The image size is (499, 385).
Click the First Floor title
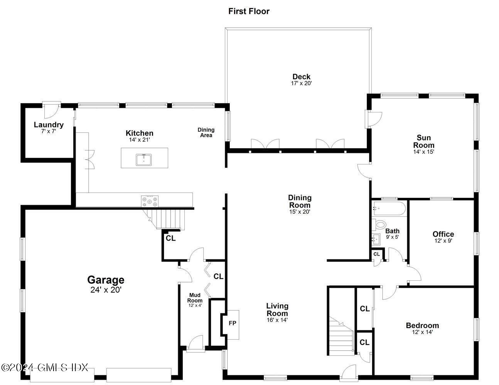pyautogui.click(x=249, y=11)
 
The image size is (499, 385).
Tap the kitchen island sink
pyautogui.click(x=143, y=159)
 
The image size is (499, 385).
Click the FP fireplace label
pyautogui.click(x=232, y=323)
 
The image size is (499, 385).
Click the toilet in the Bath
pyautogui.click(x=379, y=224)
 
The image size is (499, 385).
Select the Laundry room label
pyautogui.click(x=49, y=125)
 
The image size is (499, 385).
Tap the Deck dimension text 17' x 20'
pyautogui.click(x=301, y=83)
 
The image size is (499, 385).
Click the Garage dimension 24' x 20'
pyautogui.click(x=106, y=290)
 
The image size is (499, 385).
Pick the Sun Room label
pyautogui.click(x=424, y=141)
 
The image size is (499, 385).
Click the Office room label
pyautogui.click(x=443, y=234)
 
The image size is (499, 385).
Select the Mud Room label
pyautogui.click(x=195, y=298)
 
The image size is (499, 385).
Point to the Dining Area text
pyautogui.click(x=206, y=132)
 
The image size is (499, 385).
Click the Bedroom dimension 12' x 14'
pyautogui.click(x=422, y=332)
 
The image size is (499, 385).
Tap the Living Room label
pyautogui.click(x=277, y=310)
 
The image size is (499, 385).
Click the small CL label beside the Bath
pyautogui.click(x=376, y=254)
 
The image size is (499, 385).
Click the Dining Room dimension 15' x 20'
pyautogui.click(x=300, y=212)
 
